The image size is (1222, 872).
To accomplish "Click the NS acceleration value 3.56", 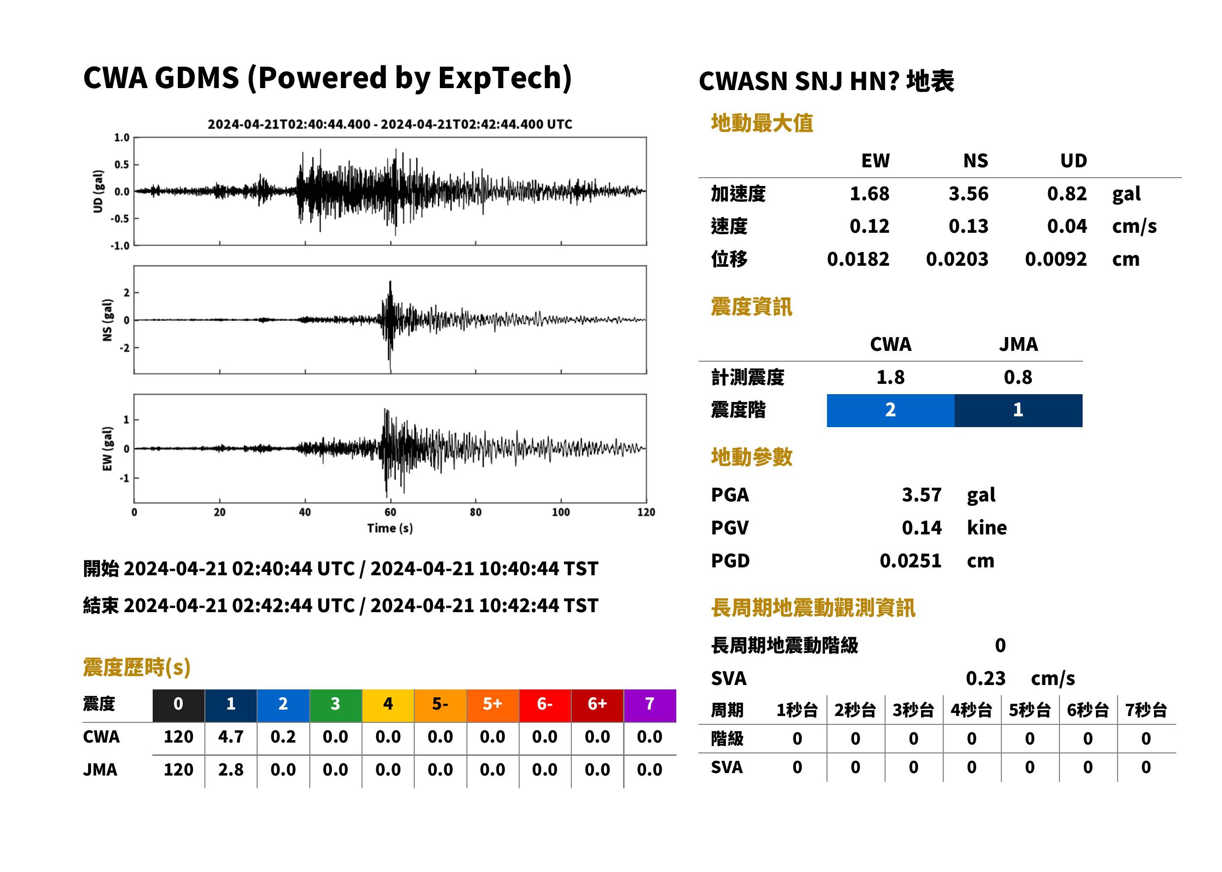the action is [968, 194].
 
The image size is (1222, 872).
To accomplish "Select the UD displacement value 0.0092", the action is [1056, 259].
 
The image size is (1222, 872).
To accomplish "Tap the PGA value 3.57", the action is [921, 495].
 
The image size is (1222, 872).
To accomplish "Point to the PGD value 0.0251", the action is [910, 561].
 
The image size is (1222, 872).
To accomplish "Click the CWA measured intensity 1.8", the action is [890, 377].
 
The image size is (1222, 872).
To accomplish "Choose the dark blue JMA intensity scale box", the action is [1018, 410].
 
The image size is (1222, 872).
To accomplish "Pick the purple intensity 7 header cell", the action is [650, 705].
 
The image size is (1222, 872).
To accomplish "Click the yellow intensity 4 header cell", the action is [388, 705].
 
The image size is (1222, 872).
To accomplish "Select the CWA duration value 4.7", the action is [231, 737].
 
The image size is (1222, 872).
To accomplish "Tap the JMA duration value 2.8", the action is [231, 770].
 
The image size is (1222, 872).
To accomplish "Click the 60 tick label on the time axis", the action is [390, 512].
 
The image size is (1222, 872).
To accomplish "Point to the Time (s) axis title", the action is [390, 529].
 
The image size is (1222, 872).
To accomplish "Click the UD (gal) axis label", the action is [98, 191].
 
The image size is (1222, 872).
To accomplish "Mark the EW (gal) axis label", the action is [107, 448].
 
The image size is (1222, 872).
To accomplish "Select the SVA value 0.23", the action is [986, 678].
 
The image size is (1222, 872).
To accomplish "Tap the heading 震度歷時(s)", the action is [137, 667].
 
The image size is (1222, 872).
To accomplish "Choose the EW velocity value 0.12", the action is [869, 226].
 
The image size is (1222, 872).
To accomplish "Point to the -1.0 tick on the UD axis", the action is [120, 246].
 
